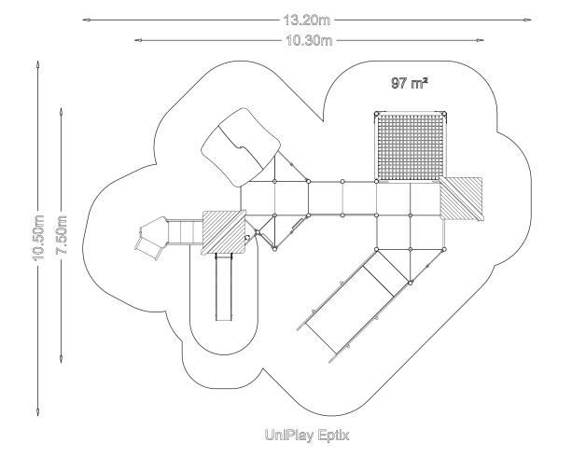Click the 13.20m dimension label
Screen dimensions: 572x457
[x=307, y=20]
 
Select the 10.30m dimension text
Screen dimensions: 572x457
[x=309, y=40]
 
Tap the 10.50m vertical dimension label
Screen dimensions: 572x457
[x=38, y=238]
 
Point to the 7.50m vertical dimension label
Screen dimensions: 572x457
[x=61, y=235]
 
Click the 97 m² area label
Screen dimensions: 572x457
[x=410, y=83]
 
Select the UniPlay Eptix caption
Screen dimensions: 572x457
[x=307, y=436]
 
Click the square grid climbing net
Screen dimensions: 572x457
[x=411, y=147]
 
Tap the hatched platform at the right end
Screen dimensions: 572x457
[x=461, y=199]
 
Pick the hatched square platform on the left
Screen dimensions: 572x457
[x=224, y=232]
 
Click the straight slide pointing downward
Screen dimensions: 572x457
[x=224, y=287]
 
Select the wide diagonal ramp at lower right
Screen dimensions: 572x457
[x=354, y=306]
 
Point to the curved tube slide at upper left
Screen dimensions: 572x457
[x=241, y=147]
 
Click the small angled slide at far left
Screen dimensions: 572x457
[x=151, y=238]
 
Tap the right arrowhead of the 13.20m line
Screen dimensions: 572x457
[x=527, y=20]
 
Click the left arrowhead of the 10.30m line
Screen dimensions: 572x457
[x=139, y=40]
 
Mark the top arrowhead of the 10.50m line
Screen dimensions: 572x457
[x=37, y=65]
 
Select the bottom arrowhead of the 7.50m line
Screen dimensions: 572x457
[x=61, y=359]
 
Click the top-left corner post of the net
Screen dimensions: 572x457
[x=377, y=114]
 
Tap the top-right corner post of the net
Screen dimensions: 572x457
[x=444, y=114]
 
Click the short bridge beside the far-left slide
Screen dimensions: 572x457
[x=185, y=232]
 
